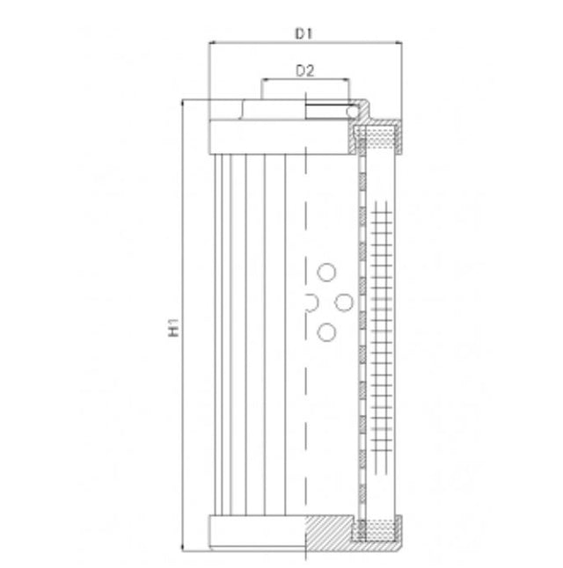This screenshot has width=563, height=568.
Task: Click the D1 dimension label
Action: [x=304, y=33]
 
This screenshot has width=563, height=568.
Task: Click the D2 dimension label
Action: [x=304, y=71]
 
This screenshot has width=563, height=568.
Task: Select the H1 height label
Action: [x=173, y=331]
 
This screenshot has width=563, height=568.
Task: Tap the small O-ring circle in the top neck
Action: [x=351, y=111]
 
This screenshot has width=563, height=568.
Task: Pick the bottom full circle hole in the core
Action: [x=326, y=331]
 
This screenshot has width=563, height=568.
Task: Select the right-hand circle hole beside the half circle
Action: [x=345, y=302]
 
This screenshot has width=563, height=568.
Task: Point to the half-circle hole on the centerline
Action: [x=310, y=302]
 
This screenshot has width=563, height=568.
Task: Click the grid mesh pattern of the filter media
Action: [x=380, y=334]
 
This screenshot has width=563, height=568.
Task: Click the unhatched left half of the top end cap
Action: [x=255, y=135]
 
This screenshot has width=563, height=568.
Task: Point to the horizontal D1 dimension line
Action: [x=264, y=43]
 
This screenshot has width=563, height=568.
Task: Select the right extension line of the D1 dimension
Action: [x=400, y=79]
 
